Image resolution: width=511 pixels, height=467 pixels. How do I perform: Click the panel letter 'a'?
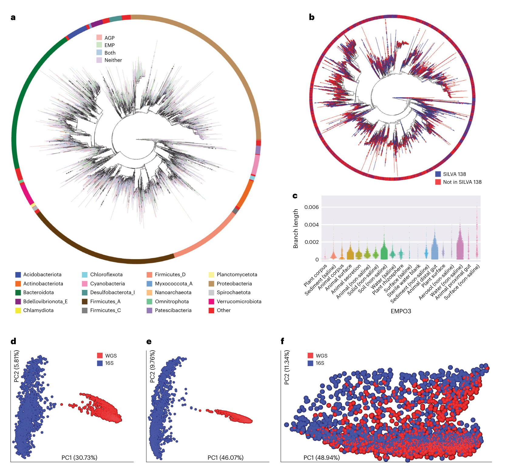tap(13, 17)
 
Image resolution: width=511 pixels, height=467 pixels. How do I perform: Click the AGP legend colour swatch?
tap(99, 38)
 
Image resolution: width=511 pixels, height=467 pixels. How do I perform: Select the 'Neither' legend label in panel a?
tap(113, 60)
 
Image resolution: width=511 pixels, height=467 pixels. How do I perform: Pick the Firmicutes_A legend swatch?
tap(85, 301)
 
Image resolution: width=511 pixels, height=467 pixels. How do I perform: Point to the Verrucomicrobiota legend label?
tap(239, 301)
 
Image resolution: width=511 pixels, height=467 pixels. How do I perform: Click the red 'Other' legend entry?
tap(223, 310)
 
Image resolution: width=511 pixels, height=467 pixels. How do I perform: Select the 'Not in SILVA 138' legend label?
tap(462, 182)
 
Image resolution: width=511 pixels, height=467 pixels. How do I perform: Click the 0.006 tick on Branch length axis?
tap(311, 207)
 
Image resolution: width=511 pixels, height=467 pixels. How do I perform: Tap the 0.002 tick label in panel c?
tap(311, 242)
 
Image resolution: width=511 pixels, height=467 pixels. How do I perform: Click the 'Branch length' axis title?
tap(296, 229)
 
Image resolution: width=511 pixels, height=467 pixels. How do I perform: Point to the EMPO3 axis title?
tap(401, 311)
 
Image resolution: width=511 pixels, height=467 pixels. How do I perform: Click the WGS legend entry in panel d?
tap(111, 356)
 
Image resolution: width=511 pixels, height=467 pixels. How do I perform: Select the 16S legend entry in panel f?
tap(320, 363)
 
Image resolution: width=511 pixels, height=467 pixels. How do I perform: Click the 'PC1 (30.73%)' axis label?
tap(79, 457)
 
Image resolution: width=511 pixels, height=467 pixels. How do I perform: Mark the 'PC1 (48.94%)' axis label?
tap(321, 457)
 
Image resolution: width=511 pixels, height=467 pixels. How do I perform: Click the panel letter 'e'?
tap(149, 342)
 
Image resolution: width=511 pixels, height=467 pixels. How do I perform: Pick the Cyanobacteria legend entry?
tap(107, 284)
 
